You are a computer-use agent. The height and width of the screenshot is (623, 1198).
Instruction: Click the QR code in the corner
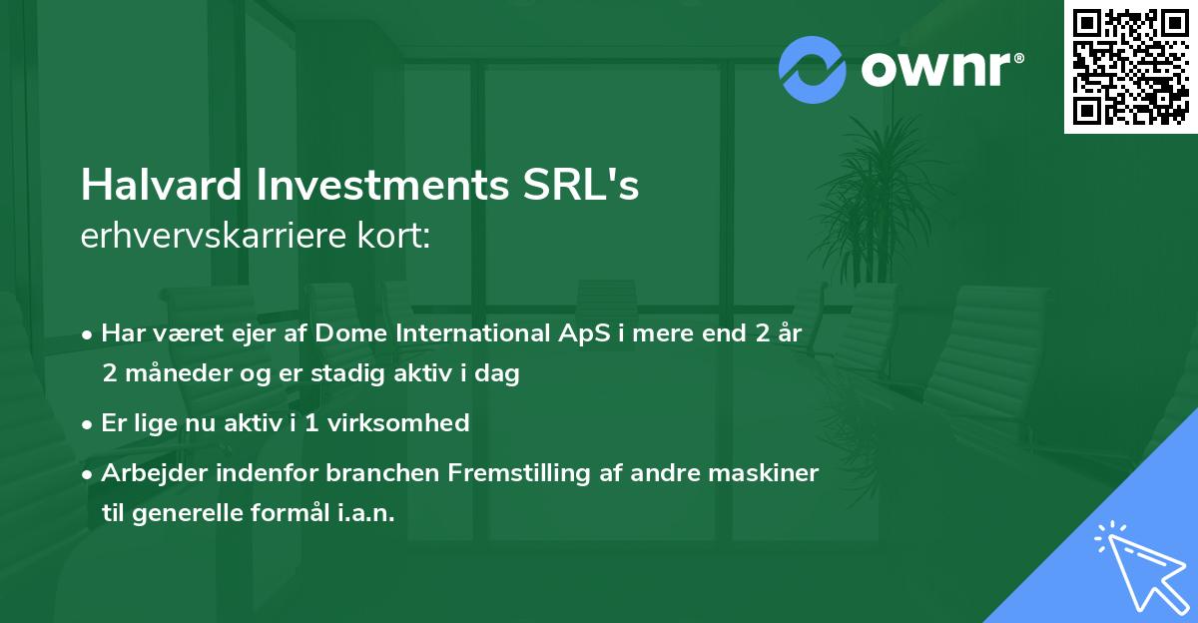pyautogui.click(x=1131, y=67)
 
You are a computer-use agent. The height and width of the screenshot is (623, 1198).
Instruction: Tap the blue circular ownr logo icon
pyautogui.click(x=813, y=69)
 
